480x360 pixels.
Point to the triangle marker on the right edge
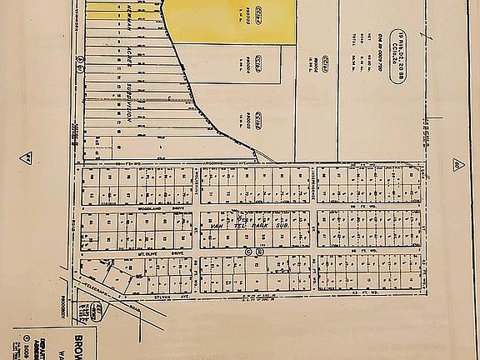pyautogui.click(x=457, y=164)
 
